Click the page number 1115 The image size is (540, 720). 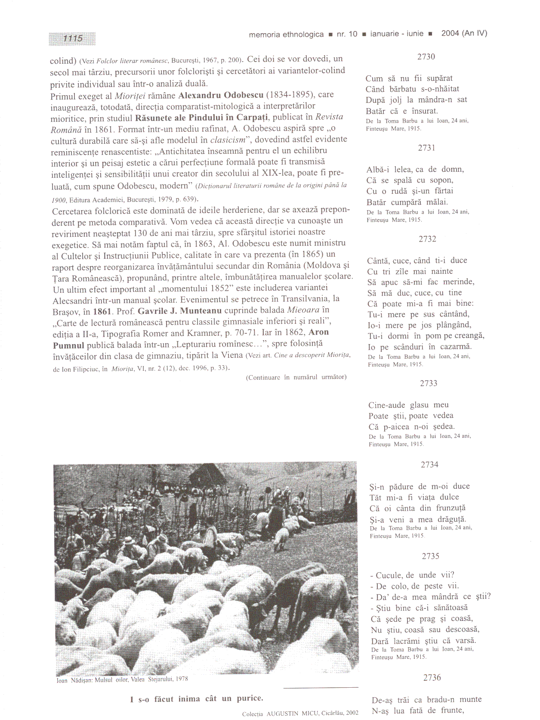click(x=72, y=38)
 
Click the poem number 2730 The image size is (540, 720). click(x=426, y=56)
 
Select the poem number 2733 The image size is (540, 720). click(x=429, y=383)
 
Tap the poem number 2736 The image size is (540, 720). click(x=432, y=677)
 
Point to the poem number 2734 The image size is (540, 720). click(x=429, y=464)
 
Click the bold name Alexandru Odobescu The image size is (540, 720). click(x=221, y=95)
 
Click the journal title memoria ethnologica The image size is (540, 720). click(x=286, y=34)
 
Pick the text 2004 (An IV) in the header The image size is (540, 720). click(x=464, y=33)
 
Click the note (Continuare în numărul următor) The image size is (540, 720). click(x=296, y=377)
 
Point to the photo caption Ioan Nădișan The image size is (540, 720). click(x=122, y=679)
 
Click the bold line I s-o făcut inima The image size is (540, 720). click(x=197, y=698)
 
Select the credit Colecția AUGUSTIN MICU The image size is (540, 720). click(x=300, y=713)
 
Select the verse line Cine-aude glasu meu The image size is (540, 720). click(x=408, y=405)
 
